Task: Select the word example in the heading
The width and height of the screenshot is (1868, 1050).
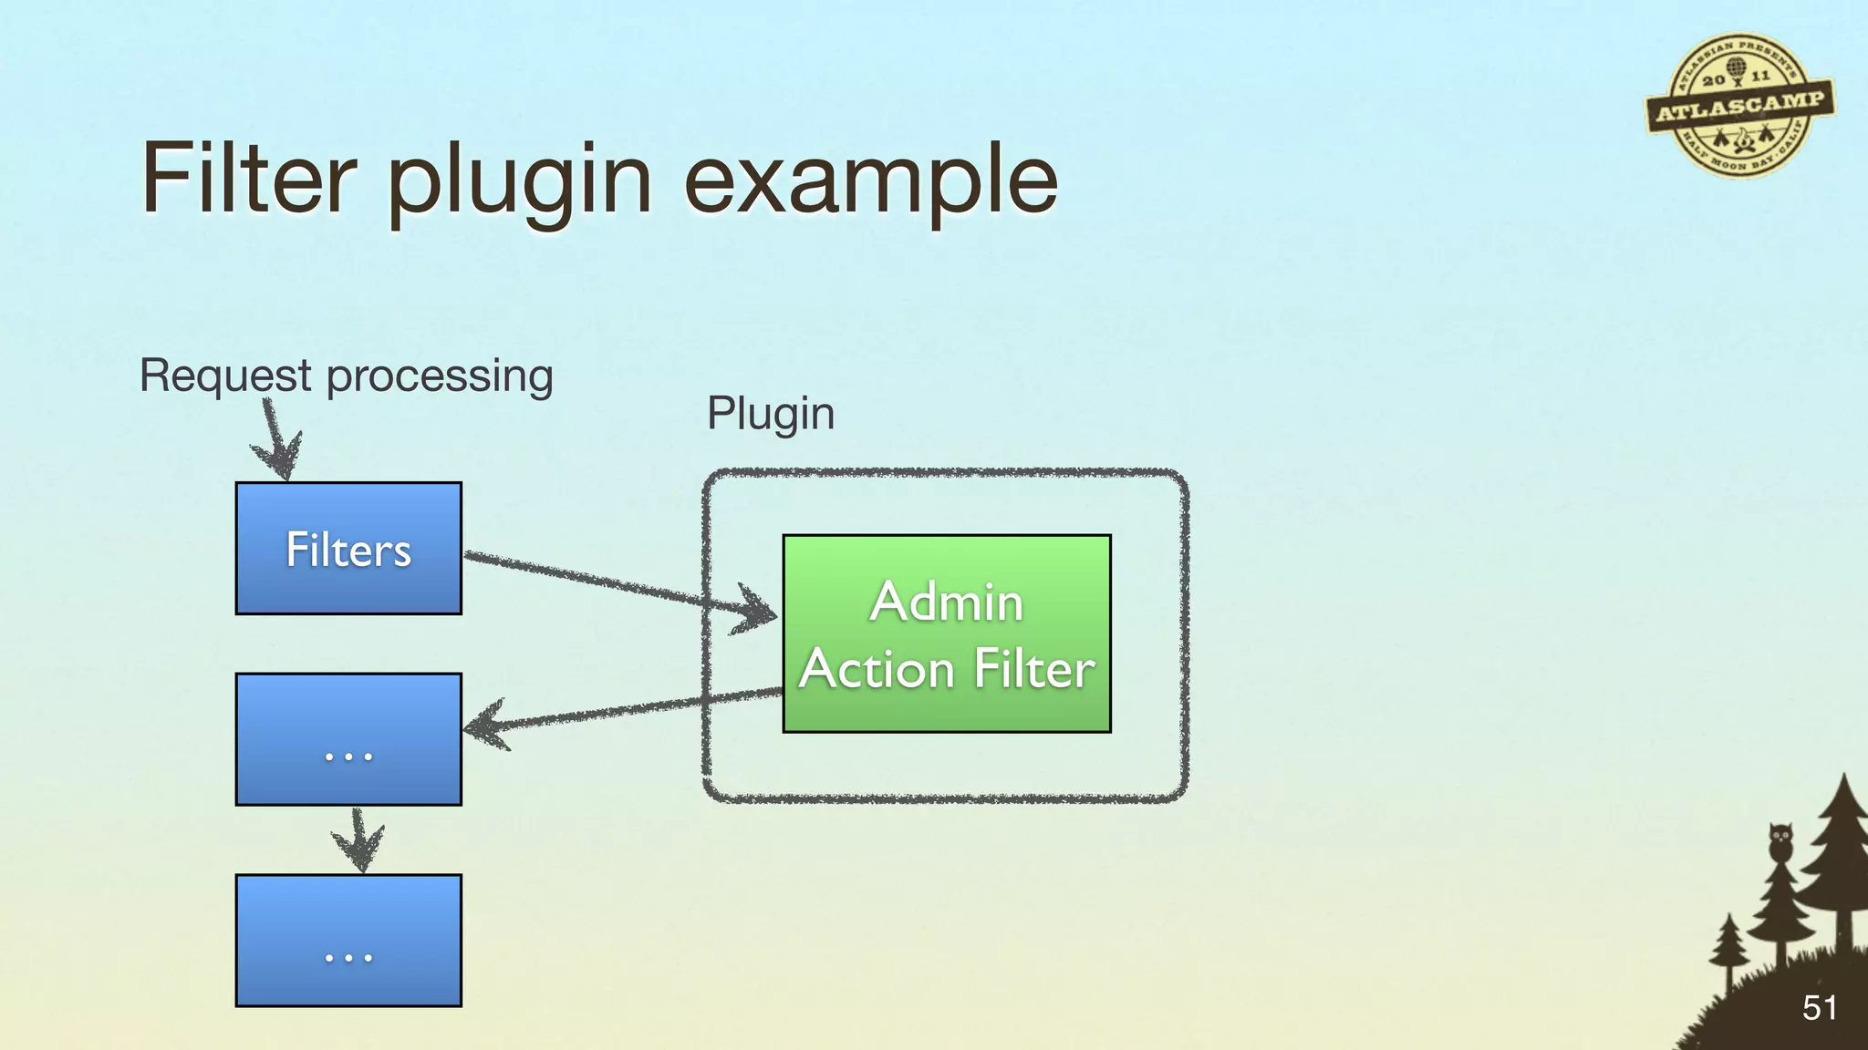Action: coord(871,182)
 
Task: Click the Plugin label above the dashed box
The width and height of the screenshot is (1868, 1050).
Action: coord(771,415)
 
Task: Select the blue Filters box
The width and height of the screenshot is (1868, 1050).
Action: coord(348,549)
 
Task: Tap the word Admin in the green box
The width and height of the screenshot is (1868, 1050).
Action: coord(947,602)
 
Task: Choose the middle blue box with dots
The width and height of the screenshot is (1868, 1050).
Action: coord(348,739)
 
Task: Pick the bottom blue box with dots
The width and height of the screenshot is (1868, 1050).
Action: coord(348,940)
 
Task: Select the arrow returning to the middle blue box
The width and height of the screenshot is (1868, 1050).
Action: coord(620,711)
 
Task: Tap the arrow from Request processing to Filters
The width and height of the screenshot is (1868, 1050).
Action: coord(276,440)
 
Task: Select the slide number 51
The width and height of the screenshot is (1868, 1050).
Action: coord(1819,1008)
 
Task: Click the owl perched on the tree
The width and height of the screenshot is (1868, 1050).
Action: coord(1780,840)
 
